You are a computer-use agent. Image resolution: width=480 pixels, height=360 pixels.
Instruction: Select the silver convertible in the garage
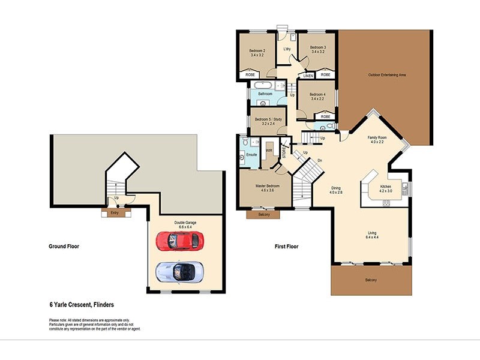[x=179, y=271]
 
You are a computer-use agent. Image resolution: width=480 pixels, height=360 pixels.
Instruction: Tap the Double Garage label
[x=185, y=222]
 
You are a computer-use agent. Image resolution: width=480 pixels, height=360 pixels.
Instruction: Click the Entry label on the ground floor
[x=114, y=212]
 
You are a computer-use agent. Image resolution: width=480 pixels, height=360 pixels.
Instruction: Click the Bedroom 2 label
[x=257, y=50]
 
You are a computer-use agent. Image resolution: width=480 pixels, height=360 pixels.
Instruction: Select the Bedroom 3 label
[x=317, y=47]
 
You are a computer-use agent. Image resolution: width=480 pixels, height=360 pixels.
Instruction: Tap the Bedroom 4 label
[x=317, y=95]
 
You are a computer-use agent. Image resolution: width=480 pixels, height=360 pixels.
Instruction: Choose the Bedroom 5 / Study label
[x=268, y=119]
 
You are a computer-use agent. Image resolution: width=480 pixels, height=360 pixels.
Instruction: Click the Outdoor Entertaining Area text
[x=387, y=75]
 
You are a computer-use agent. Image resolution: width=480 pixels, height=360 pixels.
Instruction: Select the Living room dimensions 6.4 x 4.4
[x=373, y=237]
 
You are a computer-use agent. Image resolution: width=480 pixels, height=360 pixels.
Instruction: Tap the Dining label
[x=336, y=188]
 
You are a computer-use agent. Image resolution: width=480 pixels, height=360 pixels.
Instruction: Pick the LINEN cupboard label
[x=308, y=76]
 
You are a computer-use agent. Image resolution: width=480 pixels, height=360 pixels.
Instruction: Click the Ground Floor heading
[x=64, y=247]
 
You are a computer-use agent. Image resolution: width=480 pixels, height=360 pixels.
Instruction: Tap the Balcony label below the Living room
[x=371, y=280]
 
